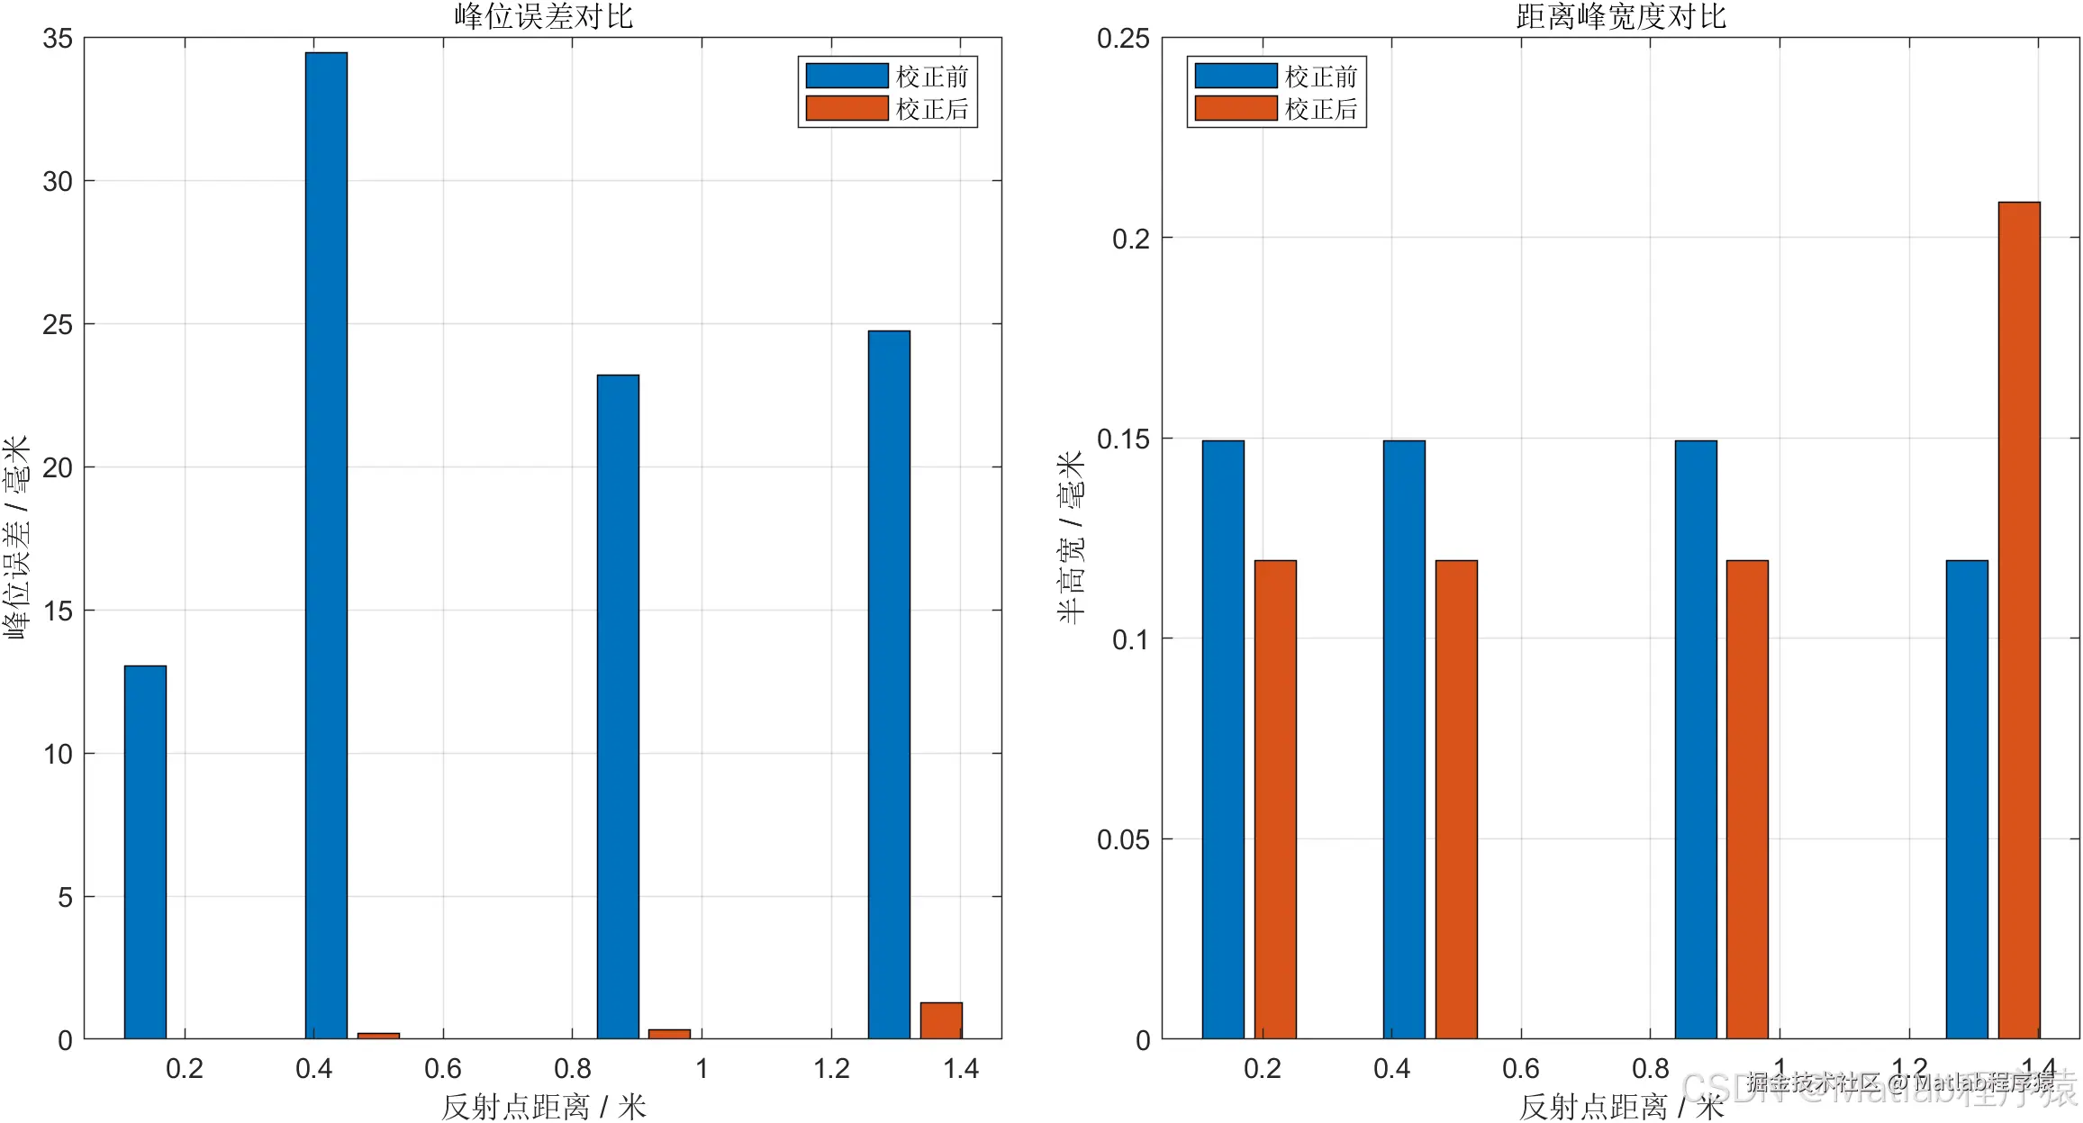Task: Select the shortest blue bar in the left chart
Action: (145, 852)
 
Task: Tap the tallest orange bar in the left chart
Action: (941, 1020)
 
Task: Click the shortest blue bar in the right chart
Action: (1967, 799)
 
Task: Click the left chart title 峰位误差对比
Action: (543, 16)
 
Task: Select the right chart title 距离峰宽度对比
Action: (1621, 16)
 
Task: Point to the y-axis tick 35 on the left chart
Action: (58, 39)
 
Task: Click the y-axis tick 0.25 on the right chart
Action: (1123, 39)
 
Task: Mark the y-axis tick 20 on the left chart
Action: (58, 467)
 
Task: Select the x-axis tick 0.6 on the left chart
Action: (443, 1069)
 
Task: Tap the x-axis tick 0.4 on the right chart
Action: (1391, 1069)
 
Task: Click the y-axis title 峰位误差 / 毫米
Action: (17, 538)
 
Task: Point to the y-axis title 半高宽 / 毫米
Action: (1072, 538)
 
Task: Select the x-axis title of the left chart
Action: (543, 1107)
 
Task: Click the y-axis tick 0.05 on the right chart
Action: (1123, 840)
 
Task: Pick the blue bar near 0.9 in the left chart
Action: (618, 706)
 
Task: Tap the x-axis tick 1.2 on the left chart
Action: (831, 1069)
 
